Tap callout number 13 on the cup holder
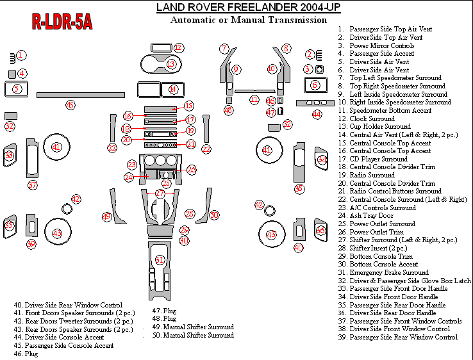pos(171,64)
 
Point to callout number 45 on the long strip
pos(71,104)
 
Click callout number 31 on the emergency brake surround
pos(160,259)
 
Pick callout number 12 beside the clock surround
pos(179,47)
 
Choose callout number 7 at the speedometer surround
pos(224,49)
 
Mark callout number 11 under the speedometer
pos(254,99)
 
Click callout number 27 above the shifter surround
pos(160,193)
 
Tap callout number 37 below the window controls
pos(33,185)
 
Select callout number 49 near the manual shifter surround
pos(106,217)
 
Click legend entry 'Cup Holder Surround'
pos(380,127)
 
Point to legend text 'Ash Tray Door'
pos(372,216)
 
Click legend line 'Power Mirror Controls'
pos(381,46)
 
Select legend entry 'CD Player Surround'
pos(378,159)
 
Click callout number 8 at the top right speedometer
pos(286,49)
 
